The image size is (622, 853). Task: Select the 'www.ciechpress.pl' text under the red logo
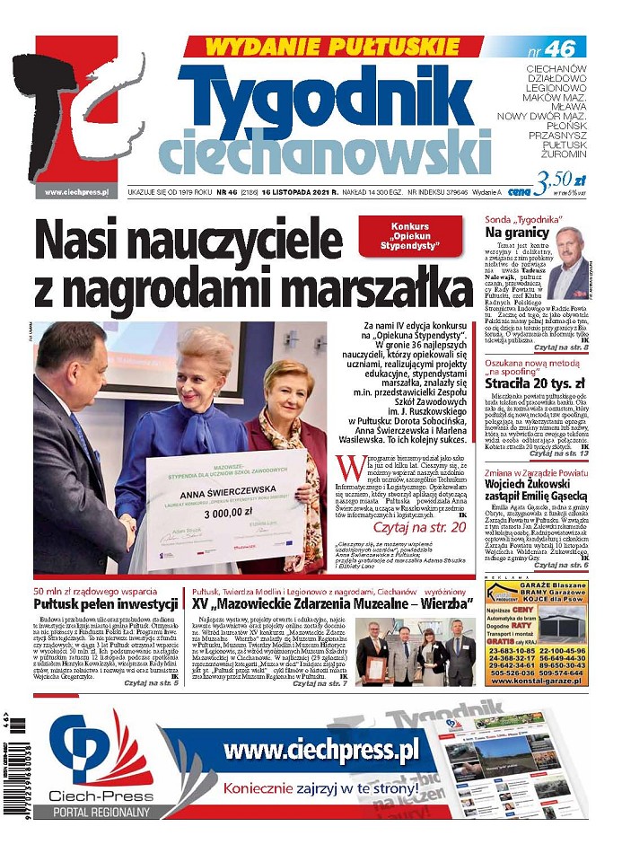76,191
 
